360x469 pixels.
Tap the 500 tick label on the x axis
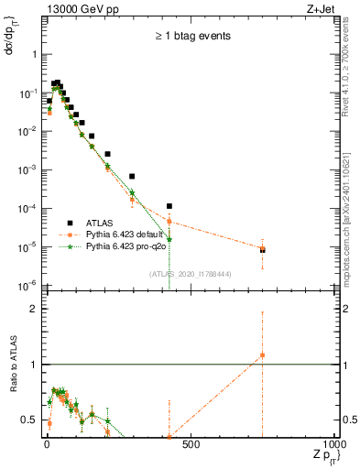[x=190, y=445]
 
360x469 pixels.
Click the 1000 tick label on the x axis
[x=333, y=445]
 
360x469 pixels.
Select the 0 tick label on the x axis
[x=46, y=445]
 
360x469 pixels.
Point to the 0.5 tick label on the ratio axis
[x=29, y=420]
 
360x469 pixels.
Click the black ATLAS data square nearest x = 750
[x=262, y=249]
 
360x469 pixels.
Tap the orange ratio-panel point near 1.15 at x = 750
[x=262, y=354]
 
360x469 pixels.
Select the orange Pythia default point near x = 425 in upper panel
[x=169, y=221]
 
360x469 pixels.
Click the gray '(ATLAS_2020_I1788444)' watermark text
[x=191, y=272]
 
